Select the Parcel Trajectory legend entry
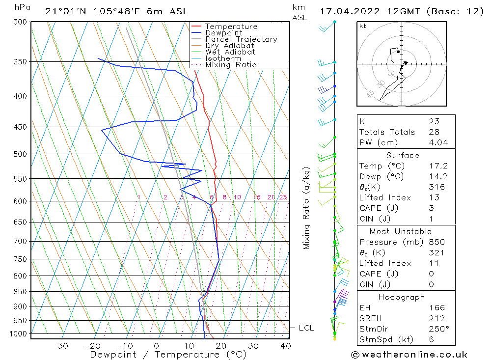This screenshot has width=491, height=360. tap(241, 39)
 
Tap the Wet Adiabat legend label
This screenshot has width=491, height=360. tap(230, 52)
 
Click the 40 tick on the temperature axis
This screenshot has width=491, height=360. tap(285, 346)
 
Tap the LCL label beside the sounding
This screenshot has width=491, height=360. tap(306, 328)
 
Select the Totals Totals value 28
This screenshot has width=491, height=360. tap(434, 132)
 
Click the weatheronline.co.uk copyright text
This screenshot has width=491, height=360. tap(409, 354)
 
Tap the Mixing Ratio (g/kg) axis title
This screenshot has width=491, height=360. tap(307, 208)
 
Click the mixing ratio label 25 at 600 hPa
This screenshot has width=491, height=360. tap(283, 197)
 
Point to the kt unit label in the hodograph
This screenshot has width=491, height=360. tap(363, 26)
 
